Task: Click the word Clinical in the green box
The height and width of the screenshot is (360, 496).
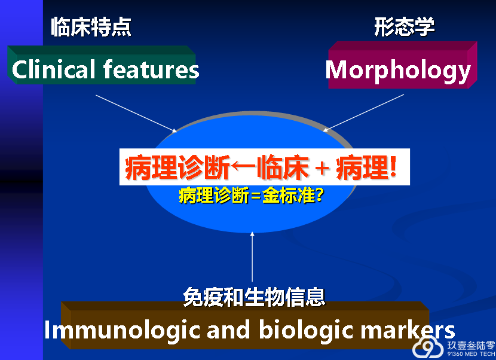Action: tap(53, 69)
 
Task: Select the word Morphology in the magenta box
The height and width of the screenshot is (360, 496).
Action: tap(398, 71)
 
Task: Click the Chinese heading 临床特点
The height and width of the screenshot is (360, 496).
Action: tap(91, 26)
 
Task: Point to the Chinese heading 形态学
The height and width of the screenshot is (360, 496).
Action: tap(405, 26)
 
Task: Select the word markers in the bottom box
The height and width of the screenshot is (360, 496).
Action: tap(408, 330)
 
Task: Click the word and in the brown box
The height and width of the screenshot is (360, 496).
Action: tap(229, 330)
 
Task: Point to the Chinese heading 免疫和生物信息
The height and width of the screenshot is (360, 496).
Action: tap(254, 297)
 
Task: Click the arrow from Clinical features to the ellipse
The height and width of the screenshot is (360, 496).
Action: tap(136, 114)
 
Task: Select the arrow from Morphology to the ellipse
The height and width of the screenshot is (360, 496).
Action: tap(363, 112)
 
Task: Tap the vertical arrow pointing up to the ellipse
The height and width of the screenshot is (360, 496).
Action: tap(252, 257)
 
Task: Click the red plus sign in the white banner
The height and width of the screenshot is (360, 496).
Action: tap(322, 168)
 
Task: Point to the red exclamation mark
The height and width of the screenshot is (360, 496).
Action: tap(393, 166)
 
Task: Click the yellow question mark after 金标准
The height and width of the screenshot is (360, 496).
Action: tap(320, 195)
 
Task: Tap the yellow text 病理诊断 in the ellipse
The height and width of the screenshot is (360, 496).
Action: tap(214, 196)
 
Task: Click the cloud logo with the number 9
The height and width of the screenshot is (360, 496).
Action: tap(428, 347)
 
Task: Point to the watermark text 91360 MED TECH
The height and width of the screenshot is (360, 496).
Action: tap(471, 354)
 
